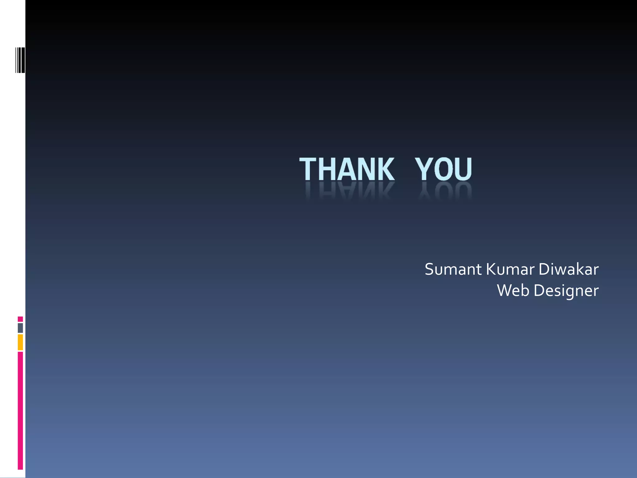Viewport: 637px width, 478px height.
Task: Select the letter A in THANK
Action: (x=347, y=170)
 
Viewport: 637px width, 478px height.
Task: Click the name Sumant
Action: (x=453, y=269)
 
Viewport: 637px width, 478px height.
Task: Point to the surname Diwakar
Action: (x=568, y=269)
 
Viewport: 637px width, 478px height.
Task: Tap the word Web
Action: (x=513, y=290)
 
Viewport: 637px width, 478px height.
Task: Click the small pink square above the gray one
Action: (x=20, y=319)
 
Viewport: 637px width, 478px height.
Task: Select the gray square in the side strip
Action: (x=20, y=328)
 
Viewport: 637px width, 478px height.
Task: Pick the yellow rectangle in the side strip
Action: (x=20, y=342)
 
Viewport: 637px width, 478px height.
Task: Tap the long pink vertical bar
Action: (x=20, y=410)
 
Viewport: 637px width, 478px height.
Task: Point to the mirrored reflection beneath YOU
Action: (x=445, y=190)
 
